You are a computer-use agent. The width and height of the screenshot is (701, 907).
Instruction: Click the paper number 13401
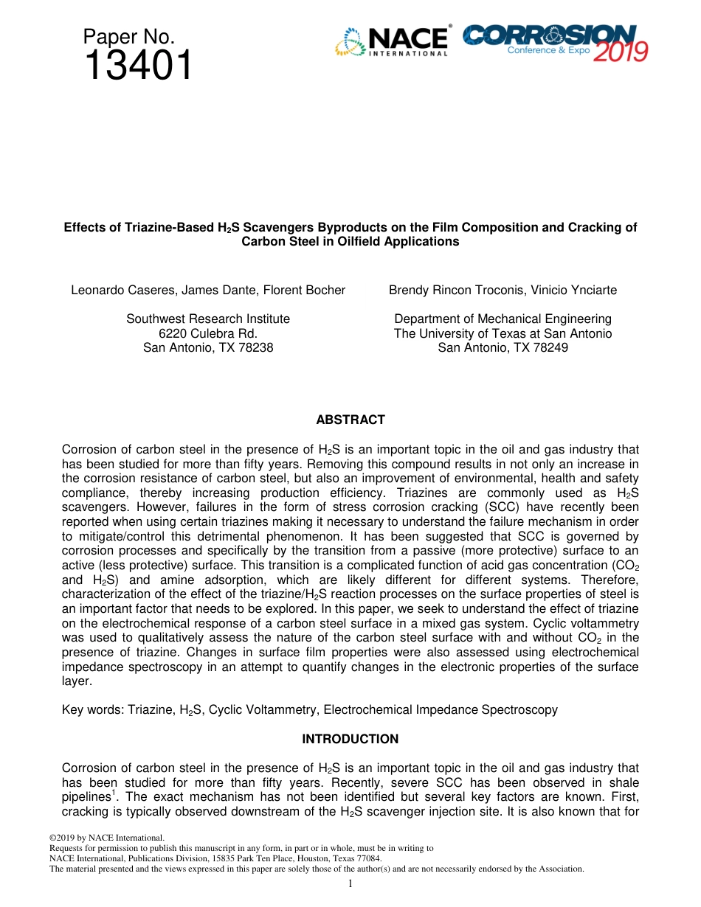[x=138, y=66]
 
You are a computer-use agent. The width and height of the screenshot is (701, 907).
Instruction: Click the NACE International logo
[x=393, y=42]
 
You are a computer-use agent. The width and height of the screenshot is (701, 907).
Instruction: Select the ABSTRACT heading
[x=350, y=420]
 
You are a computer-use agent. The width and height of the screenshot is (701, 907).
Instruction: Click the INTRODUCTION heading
[x=350, y=739]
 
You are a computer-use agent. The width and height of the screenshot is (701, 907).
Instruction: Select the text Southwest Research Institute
[x=208, y=319]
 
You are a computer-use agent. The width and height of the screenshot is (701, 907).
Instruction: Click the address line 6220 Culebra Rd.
[x=208, y=333]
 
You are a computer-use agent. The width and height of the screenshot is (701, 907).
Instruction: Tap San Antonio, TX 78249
[x=503, y=347]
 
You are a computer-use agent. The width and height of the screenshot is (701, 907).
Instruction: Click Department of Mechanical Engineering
[x=503, y=319]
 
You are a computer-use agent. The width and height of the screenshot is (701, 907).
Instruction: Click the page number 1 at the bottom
[x=350, y=883]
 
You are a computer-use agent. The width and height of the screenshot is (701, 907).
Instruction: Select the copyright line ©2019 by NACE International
[x=106, y=838]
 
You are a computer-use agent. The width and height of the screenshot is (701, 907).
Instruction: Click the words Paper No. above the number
[x=128, y=36]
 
